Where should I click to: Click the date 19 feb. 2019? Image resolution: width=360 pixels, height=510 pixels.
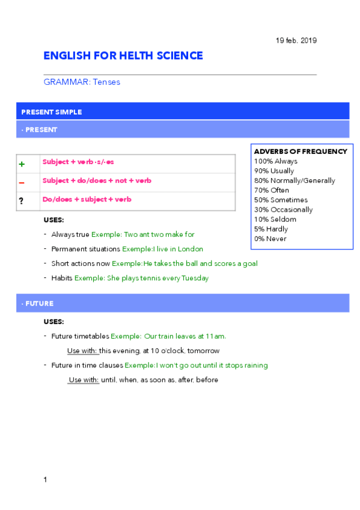click(x=296, y=40)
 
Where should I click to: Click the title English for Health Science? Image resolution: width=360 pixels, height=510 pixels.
click(x=123, y=56)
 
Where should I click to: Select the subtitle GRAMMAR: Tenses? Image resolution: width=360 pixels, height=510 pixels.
click(x=82, y=82)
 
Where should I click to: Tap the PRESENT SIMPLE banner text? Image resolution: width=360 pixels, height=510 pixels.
click(x=52, y=112)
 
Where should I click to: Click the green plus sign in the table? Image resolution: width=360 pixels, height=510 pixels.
click(x=22, y=164)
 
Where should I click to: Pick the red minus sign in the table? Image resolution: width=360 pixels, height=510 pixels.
click(x=22, y=182)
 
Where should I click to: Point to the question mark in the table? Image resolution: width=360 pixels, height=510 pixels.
click(x=22, y=201)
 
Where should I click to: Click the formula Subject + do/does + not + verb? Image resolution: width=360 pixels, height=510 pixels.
click(x=97, y=180)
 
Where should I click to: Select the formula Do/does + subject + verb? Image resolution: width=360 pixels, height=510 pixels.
click(x=87, y=199)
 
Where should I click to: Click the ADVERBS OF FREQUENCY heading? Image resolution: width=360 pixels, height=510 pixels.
click(x=301, y=152)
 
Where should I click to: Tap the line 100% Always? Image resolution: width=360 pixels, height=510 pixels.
click(x=275, y=161)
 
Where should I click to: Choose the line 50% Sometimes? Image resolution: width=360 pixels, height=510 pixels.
click(x=281, y=200)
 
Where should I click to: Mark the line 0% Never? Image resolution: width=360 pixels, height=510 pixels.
click(x=270, y=239)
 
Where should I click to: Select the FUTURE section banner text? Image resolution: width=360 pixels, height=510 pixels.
click(x=39, y=304)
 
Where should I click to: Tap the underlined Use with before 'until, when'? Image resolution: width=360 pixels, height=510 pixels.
click(x=84, y=380)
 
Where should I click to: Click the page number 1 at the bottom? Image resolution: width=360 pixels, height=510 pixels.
click(x=45, y=479)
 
